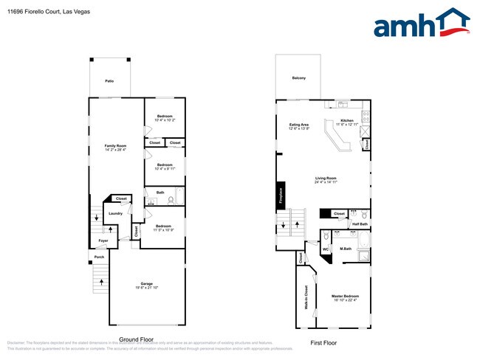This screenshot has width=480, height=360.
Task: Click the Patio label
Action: click(109, 80)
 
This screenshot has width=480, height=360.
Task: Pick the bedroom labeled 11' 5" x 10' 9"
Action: click(164, 226)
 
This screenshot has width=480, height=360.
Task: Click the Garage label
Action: click(146, 284)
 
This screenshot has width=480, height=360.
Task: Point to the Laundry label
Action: click(115, 213)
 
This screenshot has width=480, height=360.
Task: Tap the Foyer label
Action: click(103, 240)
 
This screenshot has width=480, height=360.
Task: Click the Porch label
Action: click(98, 257)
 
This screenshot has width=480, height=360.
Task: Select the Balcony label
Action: click(298, 77)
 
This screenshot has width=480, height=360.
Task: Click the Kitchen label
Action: click(346, 121)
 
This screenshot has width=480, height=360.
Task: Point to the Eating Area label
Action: click(298, 125)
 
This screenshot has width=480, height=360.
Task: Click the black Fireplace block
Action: click(281, 193)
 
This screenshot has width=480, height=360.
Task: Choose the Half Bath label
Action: click(360, 224)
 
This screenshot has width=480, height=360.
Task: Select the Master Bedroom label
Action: click(345, 297)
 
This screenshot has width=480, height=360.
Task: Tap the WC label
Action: click(325, 250)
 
